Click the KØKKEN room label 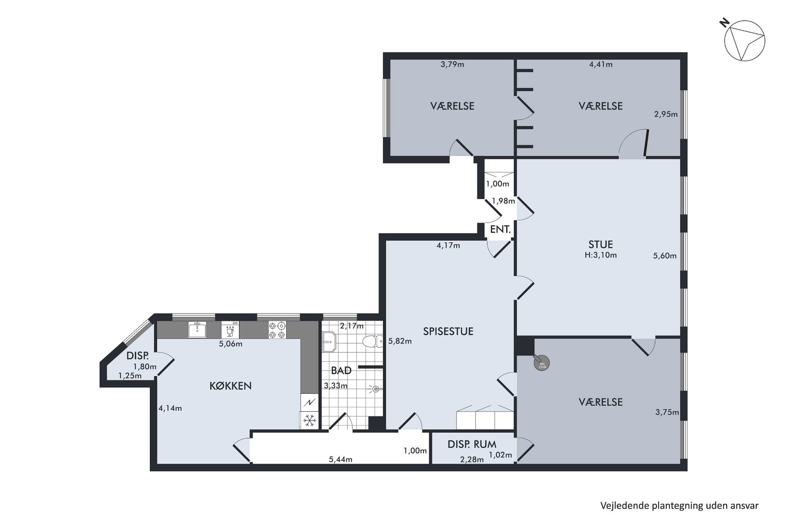click(231, 386)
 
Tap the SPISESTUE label click(448, 331)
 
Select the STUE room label click(601, 244)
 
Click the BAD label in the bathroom click(341, 370)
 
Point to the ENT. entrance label click(500, 230)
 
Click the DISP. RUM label click(472, 444)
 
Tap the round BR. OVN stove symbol click(542, 363)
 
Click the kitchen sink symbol click(197, 330)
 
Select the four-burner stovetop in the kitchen click(278, 330)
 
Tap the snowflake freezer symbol click(309, 421)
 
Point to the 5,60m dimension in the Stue click(665, 256)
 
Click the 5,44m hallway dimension click(340, 460)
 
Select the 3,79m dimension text click(452, 64)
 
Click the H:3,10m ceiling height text click(601, 255)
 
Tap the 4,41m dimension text click(601, 64)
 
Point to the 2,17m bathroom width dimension click(352, 326)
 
